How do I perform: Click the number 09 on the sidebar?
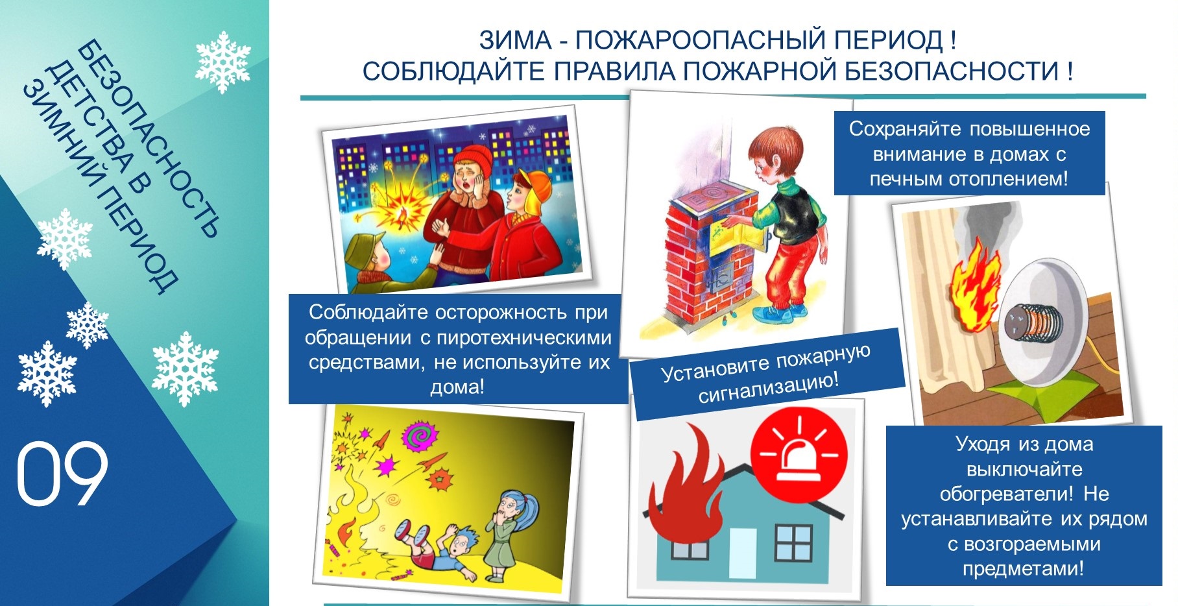click(x=62, y=474)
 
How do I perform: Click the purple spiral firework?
click(x=418, y=436)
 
